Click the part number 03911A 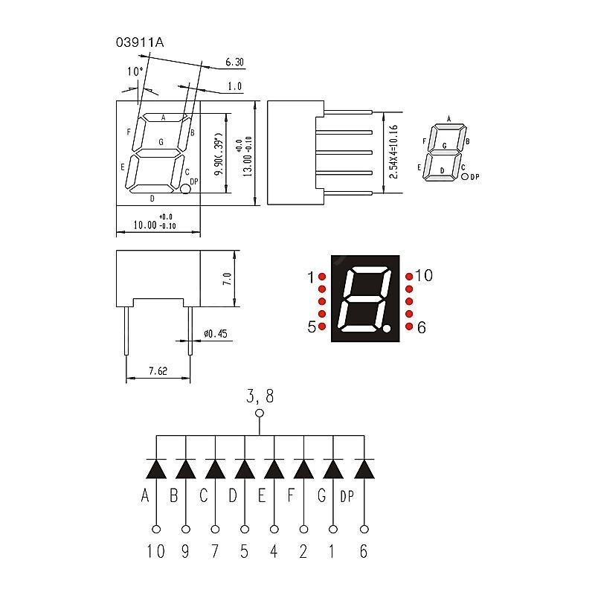[139, 42]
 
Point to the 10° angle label [135, 71]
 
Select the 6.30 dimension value [234, 62]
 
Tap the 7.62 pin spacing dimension [158, 370]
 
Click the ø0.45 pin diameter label [215, 334]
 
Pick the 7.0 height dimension [228, 279]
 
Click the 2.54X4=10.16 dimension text [394, 152]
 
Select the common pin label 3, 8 [260, 396]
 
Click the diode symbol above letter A [156, 469]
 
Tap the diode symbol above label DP [364, 469]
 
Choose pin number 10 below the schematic [156, 551]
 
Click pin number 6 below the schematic [364, 551]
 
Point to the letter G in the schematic [322, 495]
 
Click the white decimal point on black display [387, 328]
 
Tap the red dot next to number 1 [322, 277]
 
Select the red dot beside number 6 [409, 327]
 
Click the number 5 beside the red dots [311, 327]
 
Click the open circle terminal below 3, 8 [260, 414]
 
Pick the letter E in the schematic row [263, 495]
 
